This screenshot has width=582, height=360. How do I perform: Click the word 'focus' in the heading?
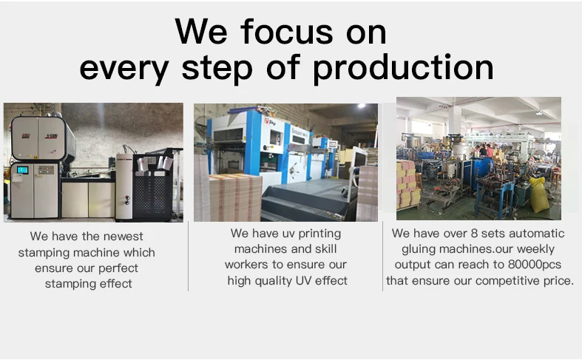(286, 32)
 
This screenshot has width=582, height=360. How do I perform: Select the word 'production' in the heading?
(403, 68)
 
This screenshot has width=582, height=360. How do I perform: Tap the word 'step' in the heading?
(217, 68)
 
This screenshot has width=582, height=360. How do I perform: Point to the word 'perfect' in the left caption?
(118, 268)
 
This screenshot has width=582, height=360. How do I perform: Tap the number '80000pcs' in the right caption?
(535, 265)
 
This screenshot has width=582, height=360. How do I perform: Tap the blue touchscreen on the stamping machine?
(23, 170)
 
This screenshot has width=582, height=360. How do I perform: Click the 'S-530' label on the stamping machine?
(51, 136)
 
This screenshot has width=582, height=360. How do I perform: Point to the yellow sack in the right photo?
(539, 194)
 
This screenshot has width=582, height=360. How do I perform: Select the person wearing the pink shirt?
(490, 151)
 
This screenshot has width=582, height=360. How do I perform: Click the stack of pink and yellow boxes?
(407, 184)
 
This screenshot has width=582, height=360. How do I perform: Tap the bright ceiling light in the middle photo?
(361, 106)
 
